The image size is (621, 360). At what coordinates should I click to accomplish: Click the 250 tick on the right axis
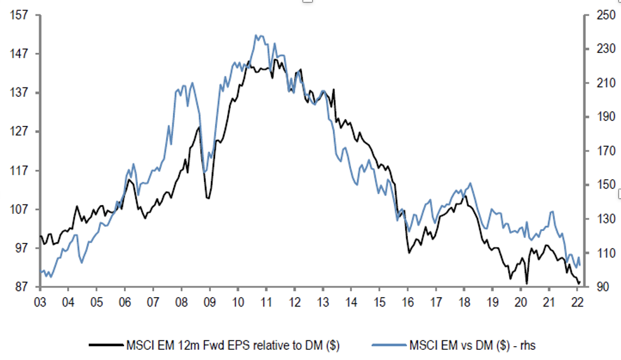point(598,14)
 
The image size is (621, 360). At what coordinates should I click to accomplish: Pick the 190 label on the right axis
point(598,117)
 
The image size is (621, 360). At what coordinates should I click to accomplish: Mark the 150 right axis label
point(598,185)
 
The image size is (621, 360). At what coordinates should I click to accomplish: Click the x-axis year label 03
point(39,301)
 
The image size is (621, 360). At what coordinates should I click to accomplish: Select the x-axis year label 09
point(209,301)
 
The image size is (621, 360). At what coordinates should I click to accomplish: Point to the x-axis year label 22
point(577,301)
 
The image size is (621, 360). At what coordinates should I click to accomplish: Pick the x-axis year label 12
point(294,301)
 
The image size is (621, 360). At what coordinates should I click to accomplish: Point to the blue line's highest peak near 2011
point(257,35)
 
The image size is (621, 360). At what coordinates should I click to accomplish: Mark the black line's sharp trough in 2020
point(527,283)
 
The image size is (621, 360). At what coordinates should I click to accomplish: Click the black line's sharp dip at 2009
point(208,198)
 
